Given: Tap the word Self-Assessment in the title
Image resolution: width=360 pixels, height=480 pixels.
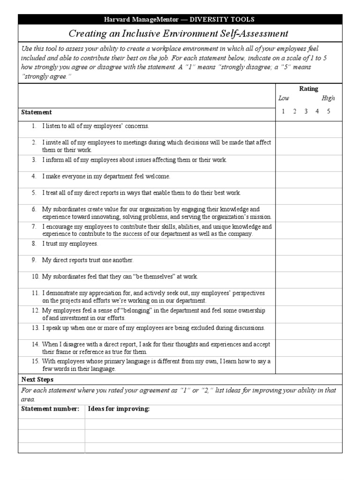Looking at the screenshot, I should coord(251,34).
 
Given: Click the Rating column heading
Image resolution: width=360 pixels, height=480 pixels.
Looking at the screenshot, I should coord(308,89).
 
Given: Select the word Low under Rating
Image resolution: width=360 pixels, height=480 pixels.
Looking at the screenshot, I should coord(284,98).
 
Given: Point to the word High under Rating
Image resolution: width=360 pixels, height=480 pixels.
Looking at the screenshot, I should coord(328,98).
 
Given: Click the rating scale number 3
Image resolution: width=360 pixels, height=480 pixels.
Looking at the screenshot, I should coord(306,112).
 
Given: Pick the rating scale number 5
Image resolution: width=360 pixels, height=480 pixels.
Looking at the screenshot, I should coord(329,112).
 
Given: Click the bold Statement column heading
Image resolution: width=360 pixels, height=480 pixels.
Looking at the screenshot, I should coord(37,112).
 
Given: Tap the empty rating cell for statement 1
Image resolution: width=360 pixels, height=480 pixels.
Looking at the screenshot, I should coord(308,129).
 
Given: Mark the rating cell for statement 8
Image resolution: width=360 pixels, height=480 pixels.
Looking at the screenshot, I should coord(308,246).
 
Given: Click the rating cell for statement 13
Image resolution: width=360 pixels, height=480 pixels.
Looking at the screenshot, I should coord(308,331).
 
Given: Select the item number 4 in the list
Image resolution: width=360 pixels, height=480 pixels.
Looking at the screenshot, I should coord(34,176).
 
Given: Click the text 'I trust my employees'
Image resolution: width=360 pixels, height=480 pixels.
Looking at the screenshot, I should coord(70,244).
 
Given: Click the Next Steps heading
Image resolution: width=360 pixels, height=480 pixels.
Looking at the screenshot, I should coord(37,380).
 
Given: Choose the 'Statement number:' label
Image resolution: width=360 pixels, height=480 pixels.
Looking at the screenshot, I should coord(50,409).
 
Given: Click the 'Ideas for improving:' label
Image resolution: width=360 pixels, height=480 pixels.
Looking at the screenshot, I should coord(119,409).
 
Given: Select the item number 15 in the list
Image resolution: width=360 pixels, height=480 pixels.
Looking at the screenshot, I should coord(36,361).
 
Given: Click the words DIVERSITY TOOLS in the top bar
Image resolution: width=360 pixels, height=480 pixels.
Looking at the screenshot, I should coord(223,19).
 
